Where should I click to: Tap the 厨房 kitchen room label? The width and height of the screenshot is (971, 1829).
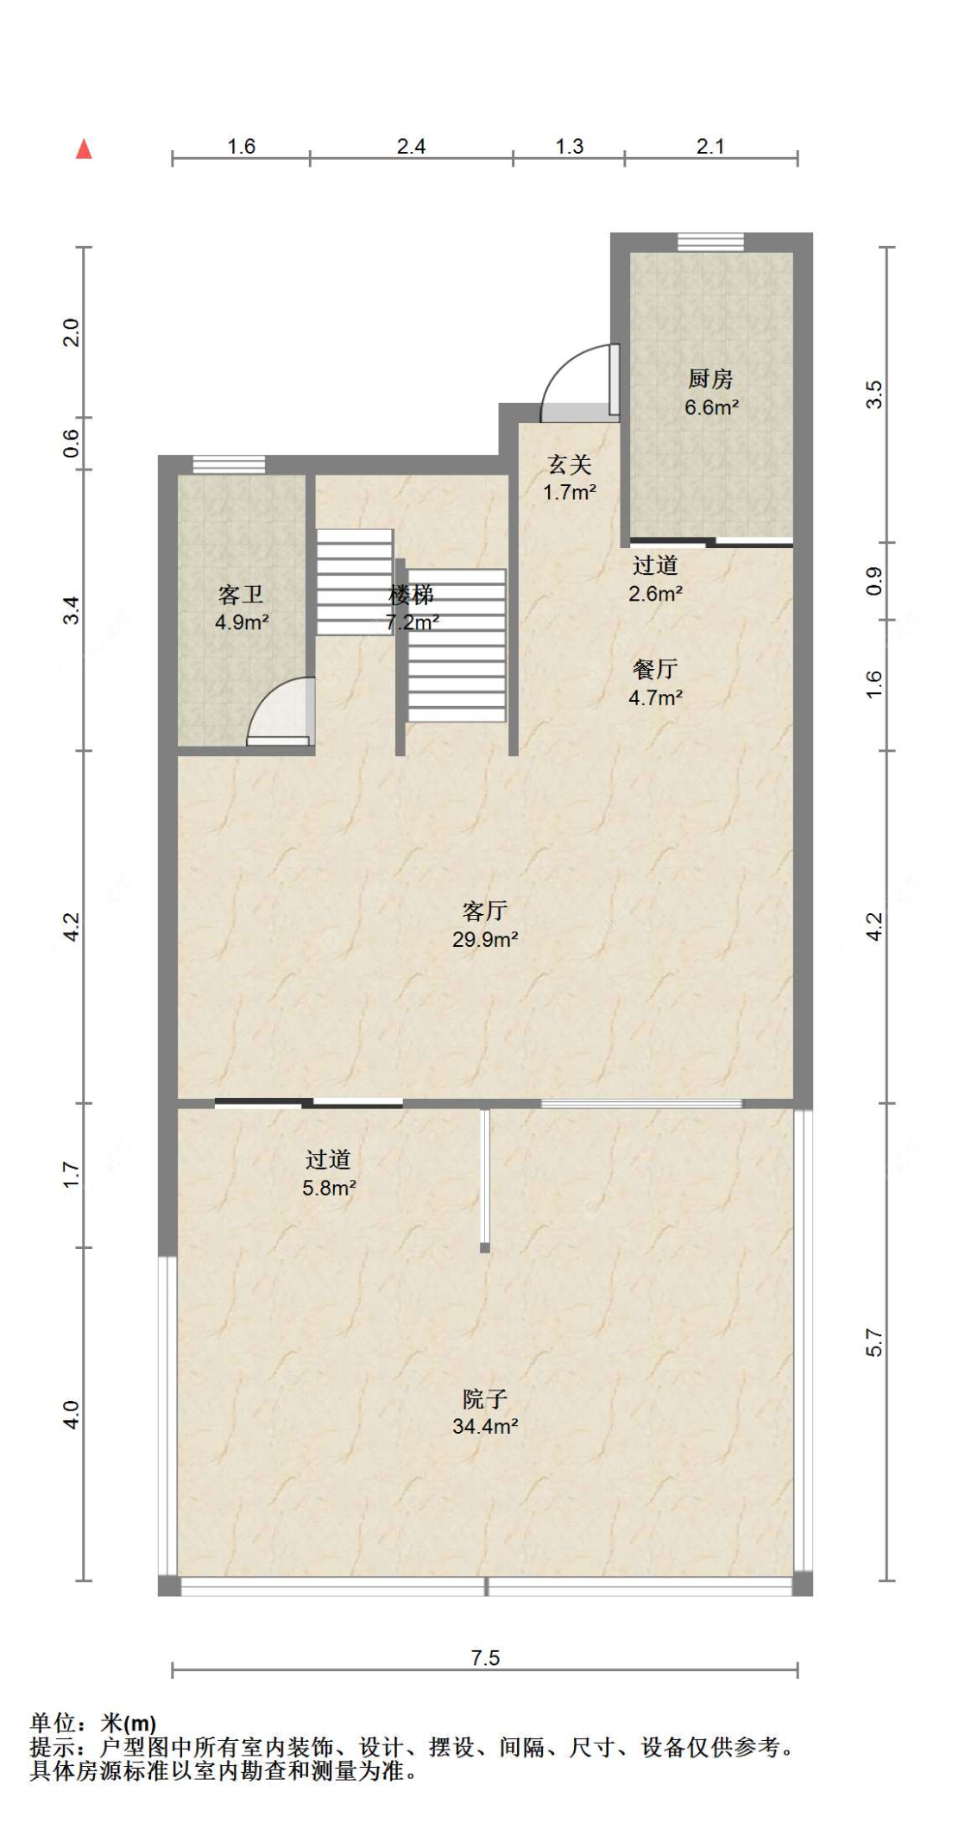coord(710,378)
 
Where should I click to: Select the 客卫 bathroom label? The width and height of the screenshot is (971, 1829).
coord(241,595)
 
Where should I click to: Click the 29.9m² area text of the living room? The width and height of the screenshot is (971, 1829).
coord(485,939)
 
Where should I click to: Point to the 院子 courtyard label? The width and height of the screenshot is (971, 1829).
coord(485,1398)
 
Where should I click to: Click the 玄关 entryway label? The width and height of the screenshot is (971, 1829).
coord(570,464)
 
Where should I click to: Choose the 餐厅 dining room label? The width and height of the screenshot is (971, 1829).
coord(655,669)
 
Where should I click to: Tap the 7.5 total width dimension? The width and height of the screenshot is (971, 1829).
coord(485,1657)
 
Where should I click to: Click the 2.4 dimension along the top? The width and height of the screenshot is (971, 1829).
coord(411,147)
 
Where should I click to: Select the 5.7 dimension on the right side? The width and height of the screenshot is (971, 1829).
coord(873,1342)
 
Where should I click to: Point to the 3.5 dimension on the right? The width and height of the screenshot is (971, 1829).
coord(873,394)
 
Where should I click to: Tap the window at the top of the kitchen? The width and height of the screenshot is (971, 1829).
coord(710,242)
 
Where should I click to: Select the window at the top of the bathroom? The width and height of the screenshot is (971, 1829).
coord(229,464)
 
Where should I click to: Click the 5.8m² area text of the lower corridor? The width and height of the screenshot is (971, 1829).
coord(329,1188)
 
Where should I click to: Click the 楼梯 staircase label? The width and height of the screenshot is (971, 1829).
coord(411,595)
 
